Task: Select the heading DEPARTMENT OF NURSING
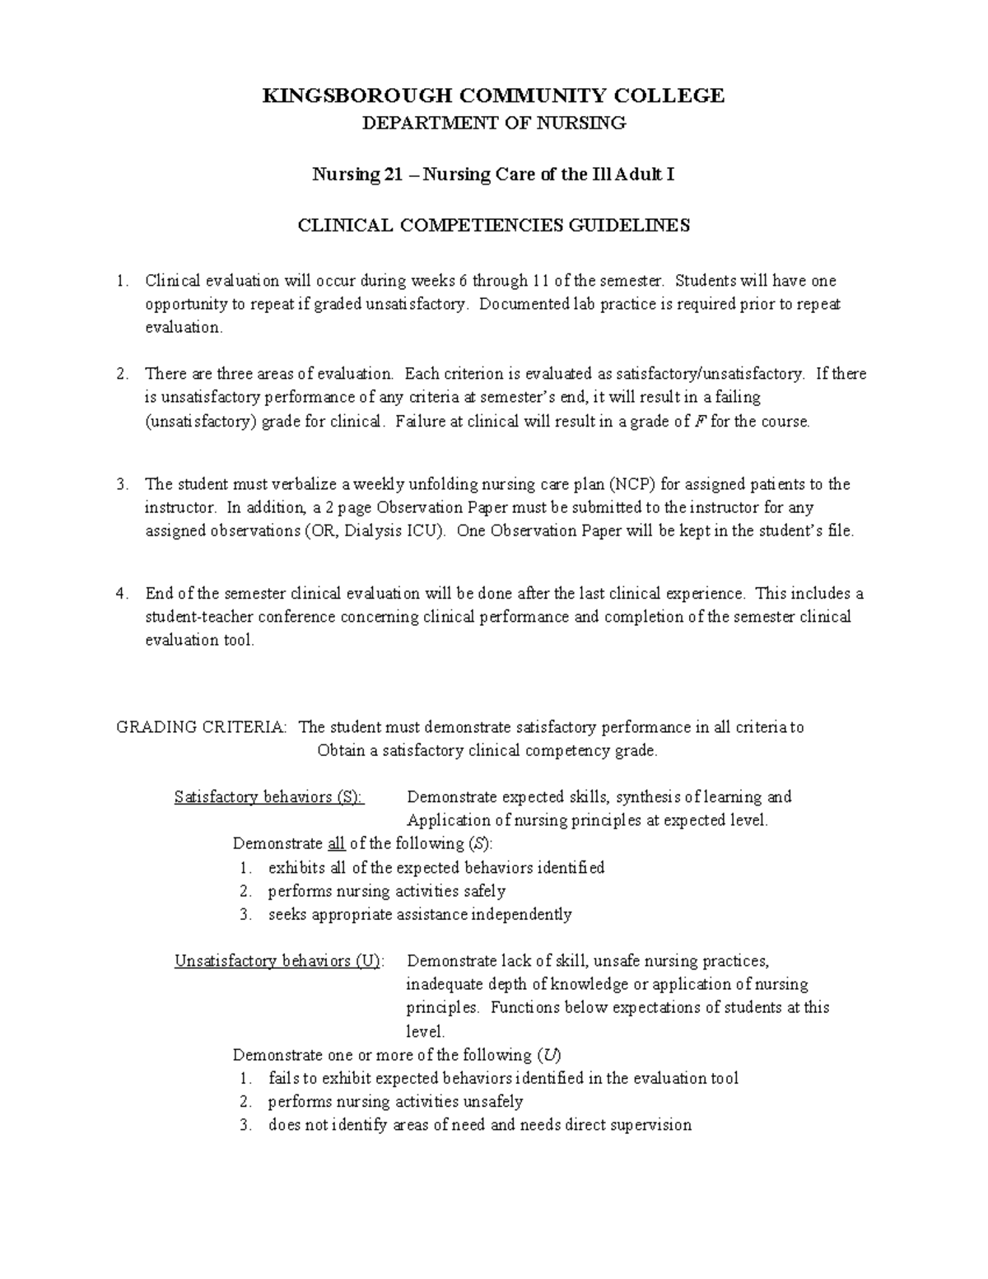pos(494,124)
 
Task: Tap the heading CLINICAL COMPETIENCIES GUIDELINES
pos(493,226)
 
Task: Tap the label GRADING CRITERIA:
pos(203,727)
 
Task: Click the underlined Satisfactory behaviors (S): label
pos(268,797)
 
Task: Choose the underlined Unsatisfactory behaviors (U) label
pos(278,961)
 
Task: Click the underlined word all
pos(336,844)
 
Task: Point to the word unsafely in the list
pos(493,1102)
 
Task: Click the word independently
pos(528,914)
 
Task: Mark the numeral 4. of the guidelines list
pos(123,594)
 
